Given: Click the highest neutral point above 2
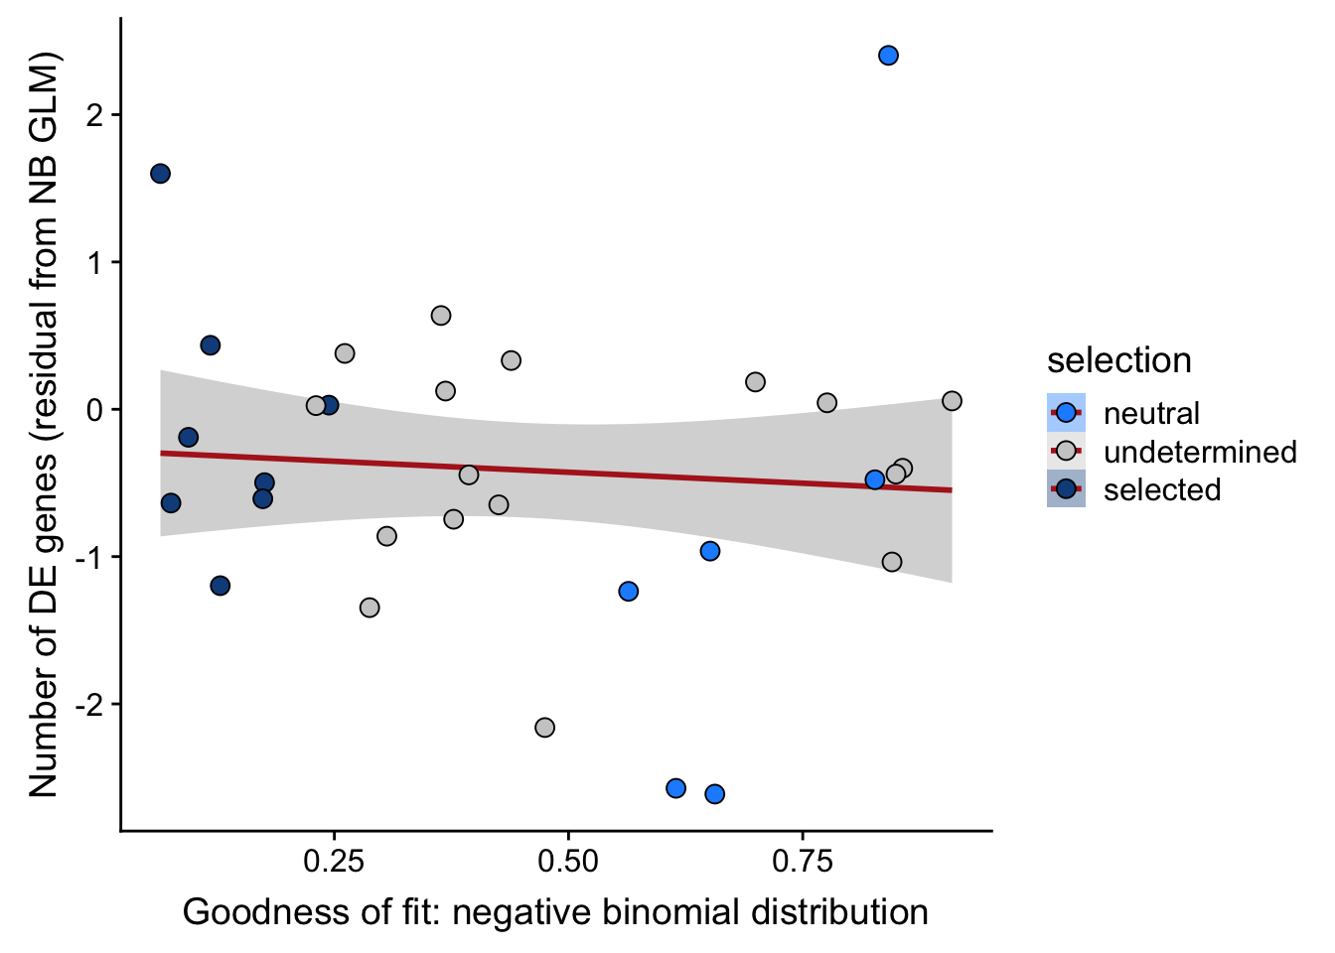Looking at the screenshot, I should [888, 56].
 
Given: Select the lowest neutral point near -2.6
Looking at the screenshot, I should [714, 794].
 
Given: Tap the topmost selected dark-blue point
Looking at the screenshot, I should [160, 174].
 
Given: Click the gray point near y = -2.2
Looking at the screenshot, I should [544, 728].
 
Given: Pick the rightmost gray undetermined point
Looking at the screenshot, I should [952, 401].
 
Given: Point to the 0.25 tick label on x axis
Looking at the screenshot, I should [333, 860].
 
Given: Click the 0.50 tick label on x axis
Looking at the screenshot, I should [567, 860].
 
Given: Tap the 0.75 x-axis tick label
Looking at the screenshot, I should [802, 860].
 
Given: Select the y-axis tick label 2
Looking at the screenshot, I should [95, 115].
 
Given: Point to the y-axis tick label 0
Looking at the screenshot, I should [95, 409].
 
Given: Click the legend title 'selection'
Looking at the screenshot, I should [1118, 360].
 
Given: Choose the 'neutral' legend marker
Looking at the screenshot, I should [1066, 413].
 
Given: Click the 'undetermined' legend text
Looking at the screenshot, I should [1200, 452].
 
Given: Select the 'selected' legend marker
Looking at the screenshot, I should [1066, 489].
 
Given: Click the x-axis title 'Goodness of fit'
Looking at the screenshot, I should [555, 912].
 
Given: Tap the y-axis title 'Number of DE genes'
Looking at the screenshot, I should [44, 424].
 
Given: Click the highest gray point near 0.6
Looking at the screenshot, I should [441, 316].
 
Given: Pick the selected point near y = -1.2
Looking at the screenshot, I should [221, 586].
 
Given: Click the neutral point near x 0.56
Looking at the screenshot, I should [628, 592].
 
